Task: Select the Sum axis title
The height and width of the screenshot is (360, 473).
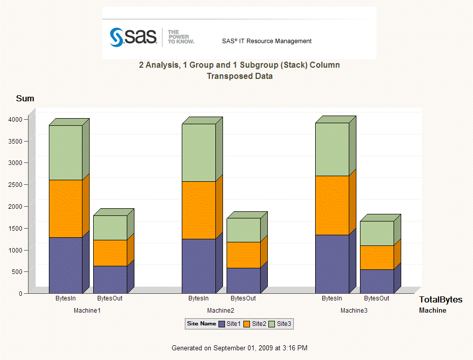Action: coord(25,98)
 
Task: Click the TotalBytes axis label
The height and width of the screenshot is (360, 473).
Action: coord(440,300)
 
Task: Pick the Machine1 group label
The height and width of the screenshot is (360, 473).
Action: coord(87,310)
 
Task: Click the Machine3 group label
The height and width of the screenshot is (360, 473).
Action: coord(354,310)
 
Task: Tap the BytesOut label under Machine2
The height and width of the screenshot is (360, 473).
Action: coord(243,298)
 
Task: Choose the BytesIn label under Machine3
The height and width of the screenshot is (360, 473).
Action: coord(332,298)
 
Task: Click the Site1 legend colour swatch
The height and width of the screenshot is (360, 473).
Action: coord(221,324)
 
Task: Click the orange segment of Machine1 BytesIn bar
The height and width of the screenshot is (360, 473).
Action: coord(66,208)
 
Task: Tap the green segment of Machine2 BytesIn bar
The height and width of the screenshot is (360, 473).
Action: coord(199,153)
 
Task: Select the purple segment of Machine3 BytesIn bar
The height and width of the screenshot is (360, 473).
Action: coord(332,264)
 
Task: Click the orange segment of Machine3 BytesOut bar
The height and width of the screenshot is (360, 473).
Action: coord(377,257)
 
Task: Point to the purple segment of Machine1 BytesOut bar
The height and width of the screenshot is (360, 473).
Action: coord(110,279)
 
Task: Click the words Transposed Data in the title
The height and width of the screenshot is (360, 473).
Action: coord(239,76)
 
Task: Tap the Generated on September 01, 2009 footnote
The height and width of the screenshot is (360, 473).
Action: coord(239,348)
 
